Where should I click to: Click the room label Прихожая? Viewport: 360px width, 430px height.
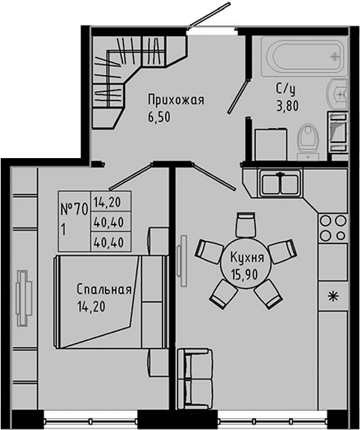176,100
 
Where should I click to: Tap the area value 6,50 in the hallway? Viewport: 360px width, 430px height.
159,117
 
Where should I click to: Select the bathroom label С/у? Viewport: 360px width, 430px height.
286,89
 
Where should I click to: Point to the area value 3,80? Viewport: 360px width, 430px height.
288,106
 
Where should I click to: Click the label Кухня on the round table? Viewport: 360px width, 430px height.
247,258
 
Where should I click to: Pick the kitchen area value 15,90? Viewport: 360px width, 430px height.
245,274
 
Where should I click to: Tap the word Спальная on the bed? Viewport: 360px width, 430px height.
104,290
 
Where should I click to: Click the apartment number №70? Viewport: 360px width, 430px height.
74,210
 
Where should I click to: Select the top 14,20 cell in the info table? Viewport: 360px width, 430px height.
107,203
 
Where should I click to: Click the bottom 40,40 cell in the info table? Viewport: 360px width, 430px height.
108,242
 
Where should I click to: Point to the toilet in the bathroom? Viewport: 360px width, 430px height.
309,142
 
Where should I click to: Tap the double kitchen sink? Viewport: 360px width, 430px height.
279,183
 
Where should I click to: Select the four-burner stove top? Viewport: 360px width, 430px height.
333,227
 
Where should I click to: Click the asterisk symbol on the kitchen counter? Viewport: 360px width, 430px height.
334,297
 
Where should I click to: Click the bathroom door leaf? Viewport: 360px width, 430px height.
238,96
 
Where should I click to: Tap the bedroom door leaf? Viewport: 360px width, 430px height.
131,176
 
